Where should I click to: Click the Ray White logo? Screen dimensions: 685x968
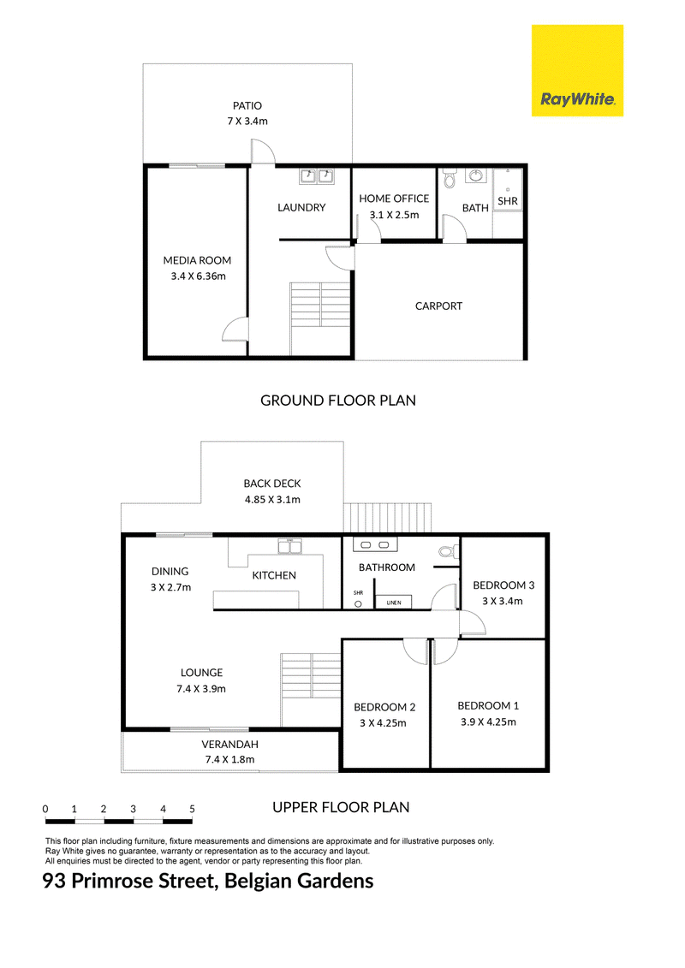click(x=577, y=70)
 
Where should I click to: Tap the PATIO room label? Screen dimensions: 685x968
click(x=247, y=105)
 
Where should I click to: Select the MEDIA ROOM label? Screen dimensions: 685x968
click(x=197, y=260)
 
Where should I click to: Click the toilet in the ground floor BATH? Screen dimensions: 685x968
click(x=449, y=179)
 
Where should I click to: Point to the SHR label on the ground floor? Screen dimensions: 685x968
click(x=508, y=200)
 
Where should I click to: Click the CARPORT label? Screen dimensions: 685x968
click(x=438, y=306)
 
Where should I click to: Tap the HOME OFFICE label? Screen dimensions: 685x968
click(x=394, y=199)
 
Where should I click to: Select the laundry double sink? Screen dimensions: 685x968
click(x=317, y=176)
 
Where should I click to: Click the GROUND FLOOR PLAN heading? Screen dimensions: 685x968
click(x=338, y=400)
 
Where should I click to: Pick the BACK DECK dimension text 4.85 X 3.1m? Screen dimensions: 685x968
click(x=272, y=500)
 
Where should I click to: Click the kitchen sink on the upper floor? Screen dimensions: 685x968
click(x=289, y=546)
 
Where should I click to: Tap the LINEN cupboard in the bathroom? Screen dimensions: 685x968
click(x=394, y=603)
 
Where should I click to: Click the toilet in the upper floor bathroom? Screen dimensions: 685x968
click(x=448, y=550)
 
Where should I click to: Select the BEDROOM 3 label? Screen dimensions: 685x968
click(x=503, y=585)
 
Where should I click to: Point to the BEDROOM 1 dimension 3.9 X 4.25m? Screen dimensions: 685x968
click(x=488, y=722)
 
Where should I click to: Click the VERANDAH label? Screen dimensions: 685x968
click(x=229, y=744)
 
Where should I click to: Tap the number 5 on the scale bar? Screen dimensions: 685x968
click(x=192, y=809)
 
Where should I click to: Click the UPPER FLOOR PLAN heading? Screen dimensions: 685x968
click(x=341, y=807)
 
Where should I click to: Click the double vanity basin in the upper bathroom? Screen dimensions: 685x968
click(x=375, y=544)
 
